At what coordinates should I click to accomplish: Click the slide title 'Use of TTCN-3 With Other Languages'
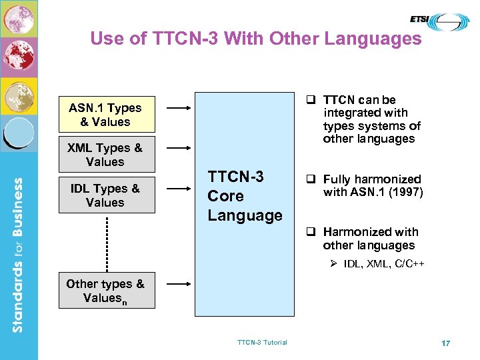click(x=256, y=39)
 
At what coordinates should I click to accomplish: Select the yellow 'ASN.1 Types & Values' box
click(x=105, y=115)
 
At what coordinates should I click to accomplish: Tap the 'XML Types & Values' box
click(x=105, y=155)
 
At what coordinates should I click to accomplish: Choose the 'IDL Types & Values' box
click(x=105, y=195)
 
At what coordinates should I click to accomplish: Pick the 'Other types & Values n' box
click(x=105, y=291)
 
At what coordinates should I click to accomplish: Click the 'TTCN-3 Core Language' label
click(x=245, y=196)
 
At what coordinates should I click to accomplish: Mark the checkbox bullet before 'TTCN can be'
click(x=311, y=100)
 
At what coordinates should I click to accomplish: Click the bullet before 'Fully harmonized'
click(x=311, y=179)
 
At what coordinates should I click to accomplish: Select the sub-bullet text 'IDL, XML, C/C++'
click(x=384, y=265)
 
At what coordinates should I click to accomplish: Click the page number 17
click(x=445, y=343)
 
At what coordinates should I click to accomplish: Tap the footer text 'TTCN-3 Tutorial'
click(x=262, y=343)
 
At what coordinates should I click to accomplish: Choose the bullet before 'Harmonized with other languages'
click(x=311, y=232)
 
